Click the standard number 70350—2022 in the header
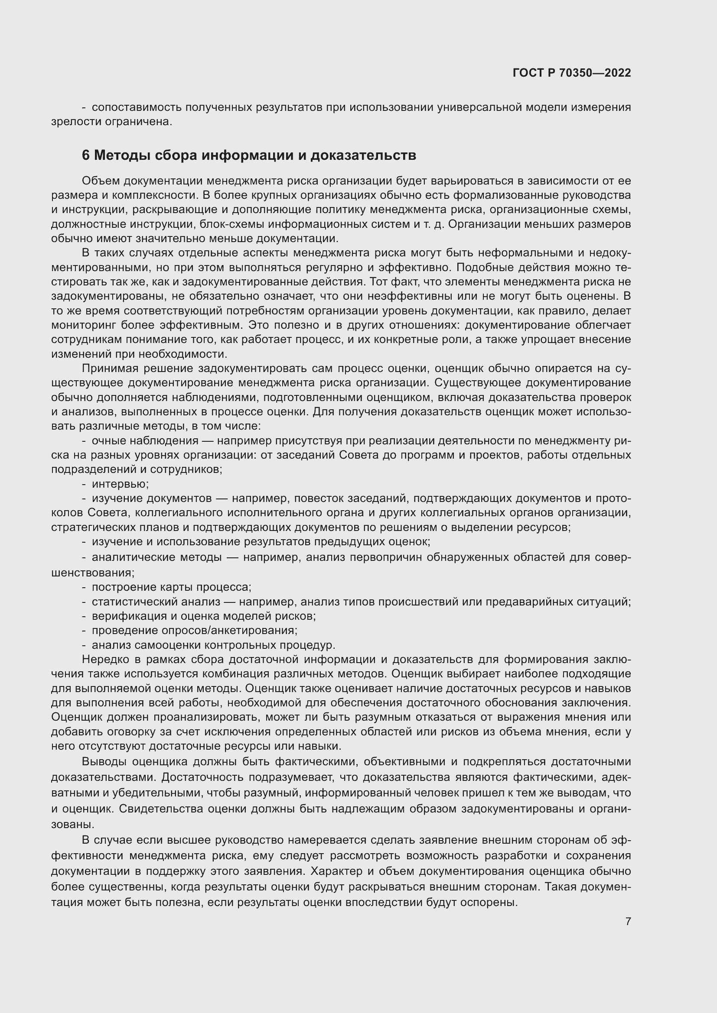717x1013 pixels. [x=595, y=73]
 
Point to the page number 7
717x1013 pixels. [x=628, y=921]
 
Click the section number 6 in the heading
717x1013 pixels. [x=86, y=155]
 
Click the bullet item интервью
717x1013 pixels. [x=120, y=484]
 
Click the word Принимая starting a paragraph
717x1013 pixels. [x=110, y=369]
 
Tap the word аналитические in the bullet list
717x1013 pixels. [x=132, y=557]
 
